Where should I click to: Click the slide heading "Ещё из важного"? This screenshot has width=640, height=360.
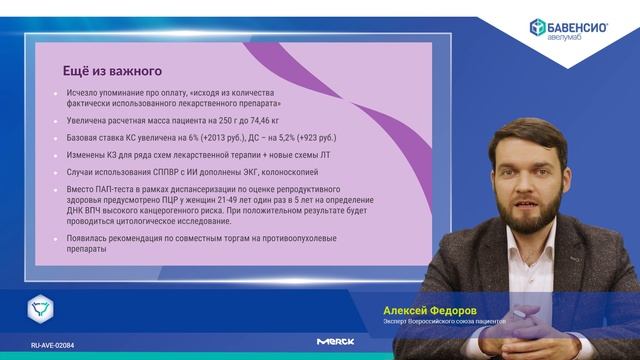(x=111, y=71)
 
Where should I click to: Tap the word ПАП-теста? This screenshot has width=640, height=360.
(x=104, y=189)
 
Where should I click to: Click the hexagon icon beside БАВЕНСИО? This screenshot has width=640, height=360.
(x=537, y=29)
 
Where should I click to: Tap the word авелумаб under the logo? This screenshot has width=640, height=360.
(x=566, y=40)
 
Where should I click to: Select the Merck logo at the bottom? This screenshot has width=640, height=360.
(x=335, y=342)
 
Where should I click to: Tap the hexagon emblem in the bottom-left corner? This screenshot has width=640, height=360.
(x=40, y=308)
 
